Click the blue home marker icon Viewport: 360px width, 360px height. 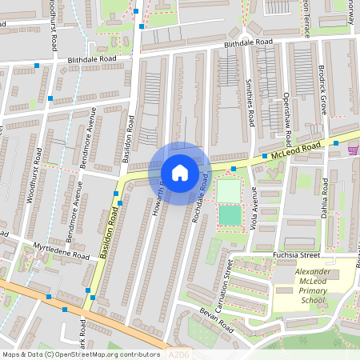(180, 172)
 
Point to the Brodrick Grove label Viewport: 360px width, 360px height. (322, 90)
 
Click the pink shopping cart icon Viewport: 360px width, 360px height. (353, 150)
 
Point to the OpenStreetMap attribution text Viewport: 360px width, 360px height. (81, 354)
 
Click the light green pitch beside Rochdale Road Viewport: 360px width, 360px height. (229, 190)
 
